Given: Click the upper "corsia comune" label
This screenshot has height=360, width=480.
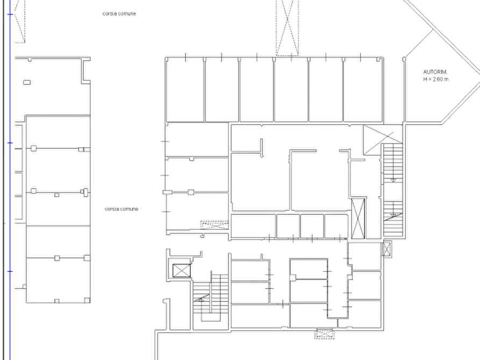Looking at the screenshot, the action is pos(119,13).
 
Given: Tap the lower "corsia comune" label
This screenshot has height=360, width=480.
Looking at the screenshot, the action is pos(121,209).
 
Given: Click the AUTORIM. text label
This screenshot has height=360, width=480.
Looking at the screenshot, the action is pos(435,72).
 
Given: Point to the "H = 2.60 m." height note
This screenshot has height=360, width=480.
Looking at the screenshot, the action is pos(436,79).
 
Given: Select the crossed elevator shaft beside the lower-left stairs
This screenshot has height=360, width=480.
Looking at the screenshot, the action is pos(181,271).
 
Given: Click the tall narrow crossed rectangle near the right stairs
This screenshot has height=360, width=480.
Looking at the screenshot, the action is pos(358,218).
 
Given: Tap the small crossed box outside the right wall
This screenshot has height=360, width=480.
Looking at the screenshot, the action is pos(387,249).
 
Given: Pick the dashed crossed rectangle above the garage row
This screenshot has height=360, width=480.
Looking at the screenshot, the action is pos(287,28).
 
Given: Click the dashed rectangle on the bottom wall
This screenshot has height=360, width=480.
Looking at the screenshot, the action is pos(325,334).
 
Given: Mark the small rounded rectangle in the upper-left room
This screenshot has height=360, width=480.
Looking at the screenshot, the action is pos(27,82).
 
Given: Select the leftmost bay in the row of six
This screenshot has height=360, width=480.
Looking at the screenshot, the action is pos(185,90).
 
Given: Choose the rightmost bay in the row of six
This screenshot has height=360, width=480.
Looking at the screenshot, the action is pos(363,90).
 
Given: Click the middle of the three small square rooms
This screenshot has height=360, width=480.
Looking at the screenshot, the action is pos(312,226).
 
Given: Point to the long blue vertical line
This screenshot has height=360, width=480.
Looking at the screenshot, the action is pos(10,180).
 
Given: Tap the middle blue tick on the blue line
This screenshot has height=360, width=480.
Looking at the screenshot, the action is pos(10,142).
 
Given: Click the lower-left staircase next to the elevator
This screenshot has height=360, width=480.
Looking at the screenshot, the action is pos(211,298).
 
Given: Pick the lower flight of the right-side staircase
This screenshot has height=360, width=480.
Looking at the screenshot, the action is pos(393,219).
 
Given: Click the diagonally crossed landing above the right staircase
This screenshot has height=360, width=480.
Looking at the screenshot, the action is pos(383,140).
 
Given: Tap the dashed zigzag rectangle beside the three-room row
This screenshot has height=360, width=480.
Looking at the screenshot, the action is pos(214,225).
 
